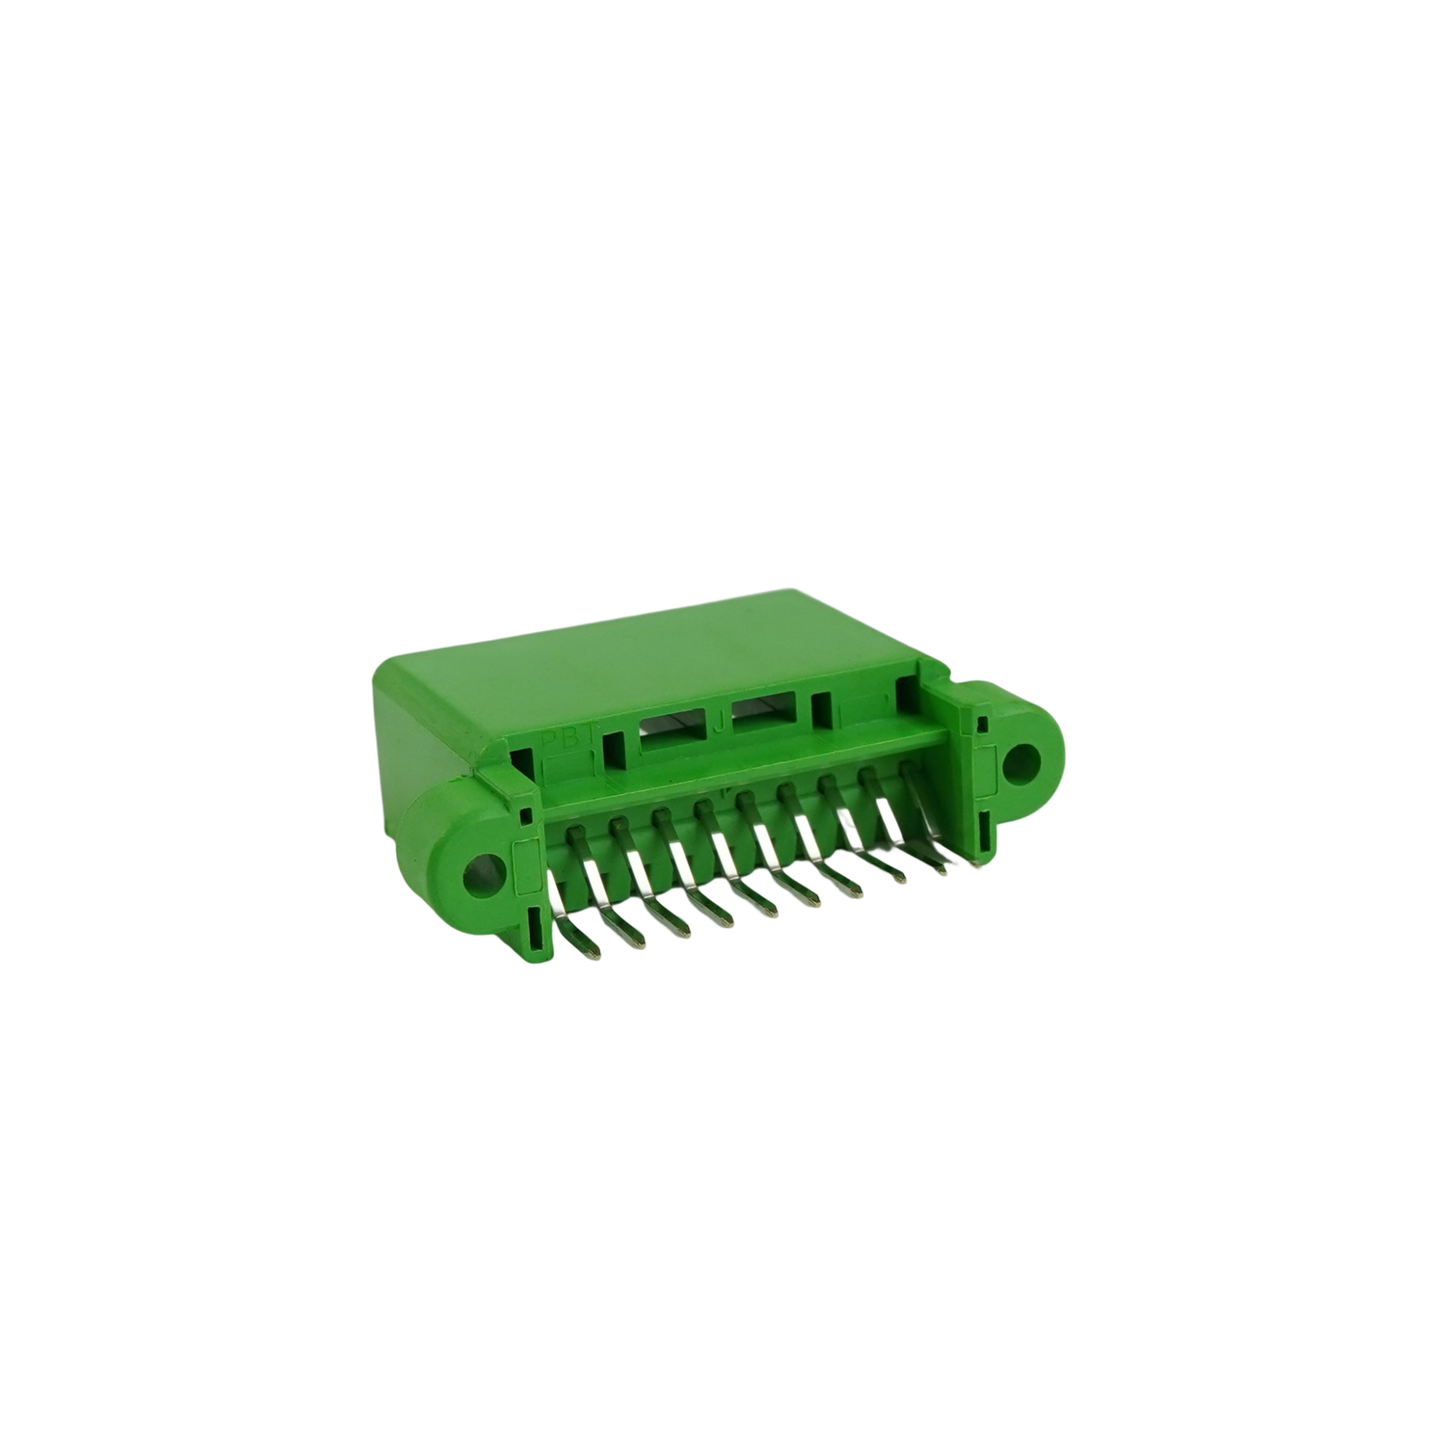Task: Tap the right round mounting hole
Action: (x=1022, y=763)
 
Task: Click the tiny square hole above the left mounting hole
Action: (x=526, y=817)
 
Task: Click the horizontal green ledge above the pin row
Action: (x=740, y=769)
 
